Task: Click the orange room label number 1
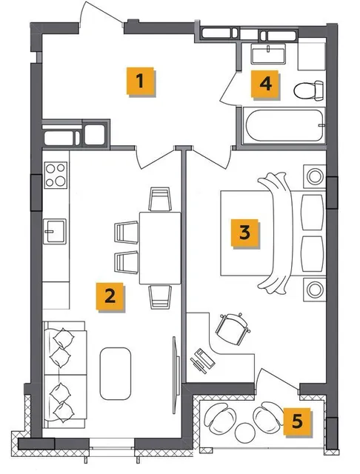pyautogui.click(x=140, y=81)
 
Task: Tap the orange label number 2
pyautogui.click(x=110, y=296)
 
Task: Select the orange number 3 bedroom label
pyautogui.click(x=245, y=233)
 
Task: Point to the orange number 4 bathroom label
pyautogui.click(x=265, y=84)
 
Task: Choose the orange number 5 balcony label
pyautogui.click(x=297, y=421)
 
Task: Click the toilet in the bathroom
pyautogui.click(x=309, y=90)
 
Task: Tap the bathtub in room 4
pyautogui.click(x=284, y=125)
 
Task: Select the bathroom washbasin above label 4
pyautogui.click(x=268, y=54)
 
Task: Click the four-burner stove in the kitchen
pyautogui.click(x=56, y=175)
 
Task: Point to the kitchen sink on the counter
pyautogui.click(x=55, y=232)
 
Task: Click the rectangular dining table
pyautogui.click(x=160, y=248)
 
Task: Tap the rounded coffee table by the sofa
pyautogui.click(x=116, y=373)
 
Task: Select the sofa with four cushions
pyautogui.click(x=64, y=375)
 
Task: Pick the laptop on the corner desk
pyautogui.click(x=202, y=361)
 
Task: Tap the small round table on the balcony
pyautogui.click(x=245, y=433)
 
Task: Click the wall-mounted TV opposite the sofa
pyautogui.click(x=176, y=375)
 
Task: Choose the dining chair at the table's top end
pyautogui.click(x=160, y=199)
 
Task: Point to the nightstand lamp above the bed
pyautogui.click(x=315, y=176)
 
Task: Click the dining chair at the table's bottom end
pyautogui.click(x=160, y=297)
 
